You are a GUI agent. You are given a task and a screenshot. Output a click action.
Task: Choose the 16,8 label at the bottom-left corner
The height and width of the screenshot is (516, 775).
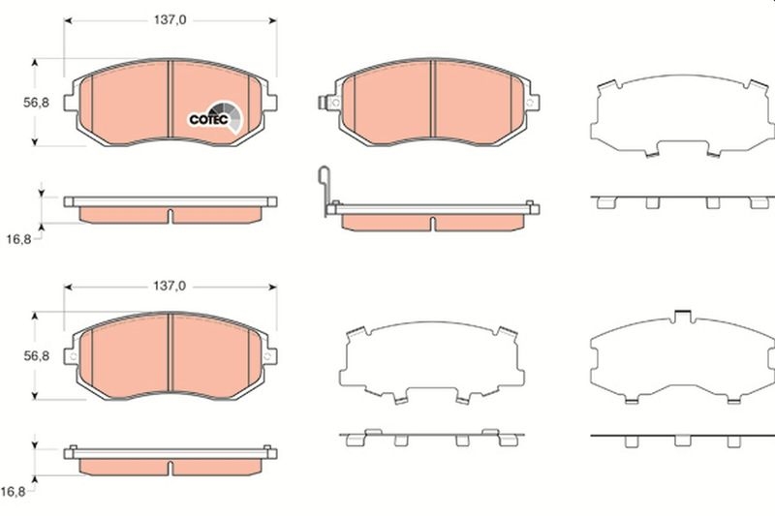click(x=14, y=491)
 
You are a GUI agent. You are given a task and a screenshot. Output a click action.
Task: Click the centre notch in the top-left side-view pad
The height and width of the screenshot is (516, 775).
click(x=170, y=213)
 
